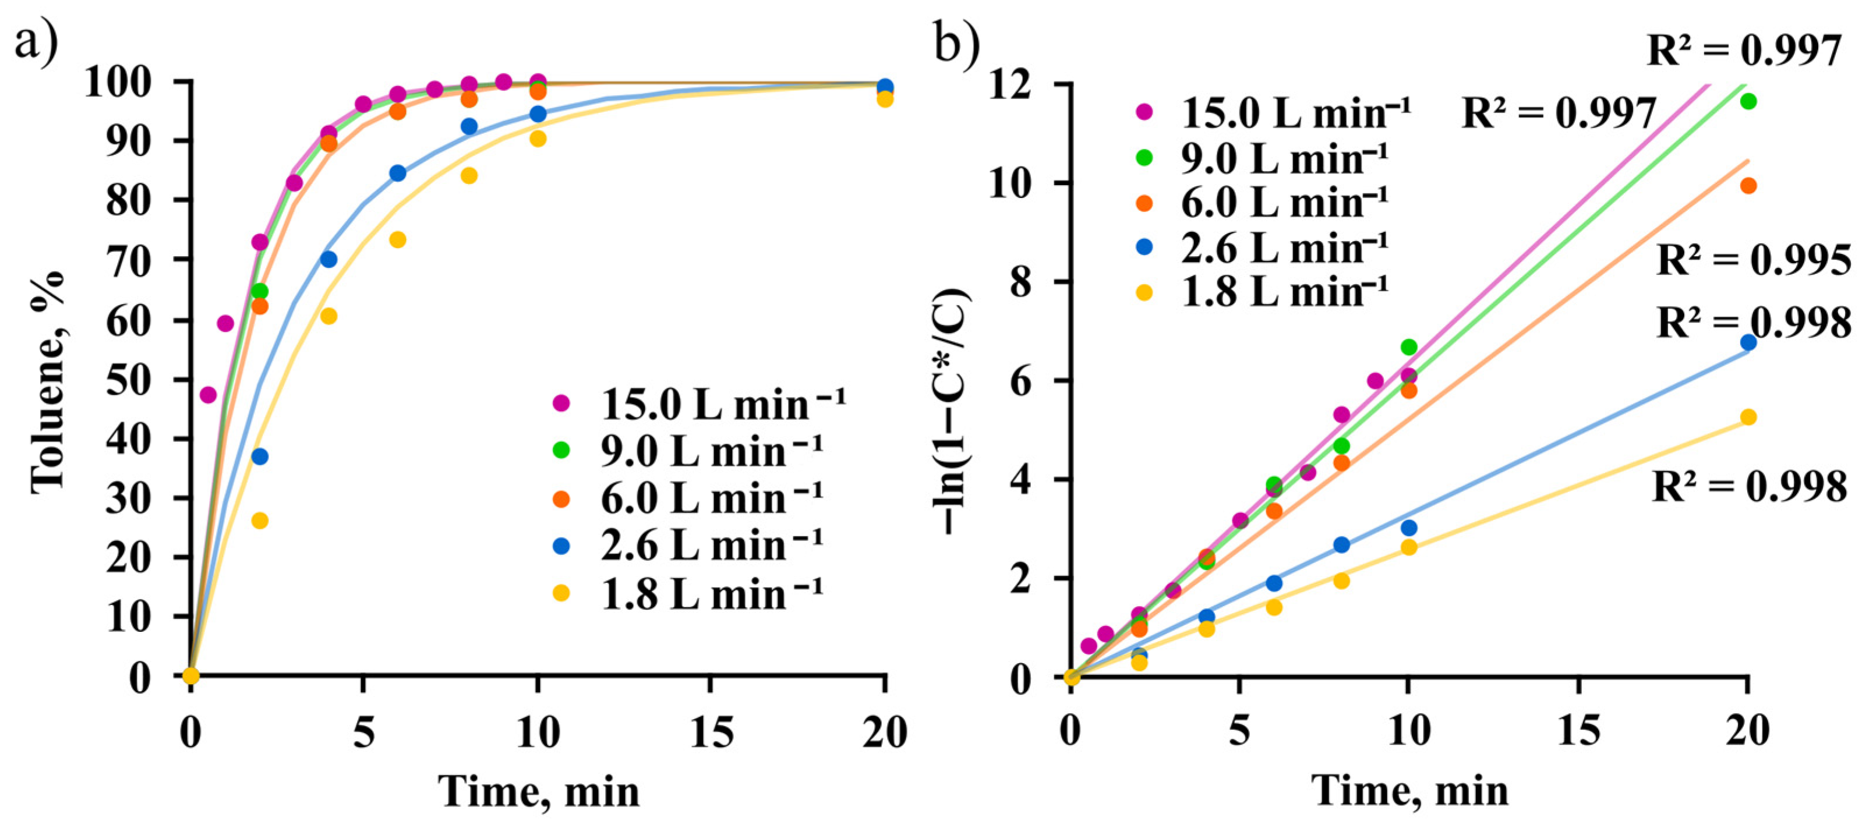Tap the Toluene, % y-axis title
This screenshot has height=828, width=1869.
(x=48, y=383)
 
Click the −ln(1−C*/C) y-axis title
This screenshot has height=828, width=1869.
(x=955, y=411)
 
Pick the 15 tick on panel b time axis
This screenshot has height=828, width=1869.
(x=1579, y=730)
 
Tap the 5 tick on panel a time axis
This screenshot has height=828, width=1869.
(x=363, y=733)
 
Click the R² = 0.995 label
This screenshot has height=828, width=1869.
(x=1754, y=260)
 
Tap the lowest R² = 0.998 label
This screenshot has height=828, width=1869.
(x=1749, y=486)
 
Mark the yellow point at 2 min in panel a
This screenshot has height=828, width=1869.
(x=260, y=521)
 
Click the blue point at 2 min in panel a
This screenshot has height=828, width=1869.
(x=260, y=457)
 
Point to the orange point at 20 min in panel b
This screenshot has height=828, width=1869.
(x=1748, y=186)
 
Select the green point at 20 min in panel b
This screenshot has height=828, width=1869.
(x=1748, y=101)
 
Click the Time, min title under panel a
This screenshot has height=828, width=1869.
(x=540, y=791)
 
